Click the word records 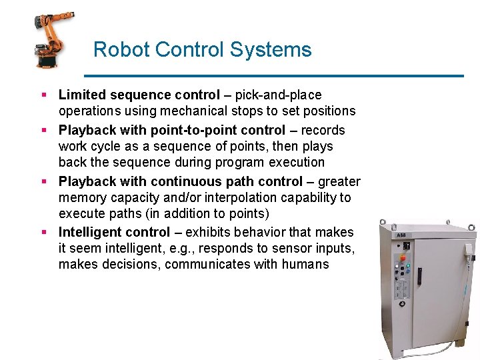(323, 130)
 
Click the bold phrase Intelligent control (115, 232)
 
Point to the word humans (305, 265)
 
